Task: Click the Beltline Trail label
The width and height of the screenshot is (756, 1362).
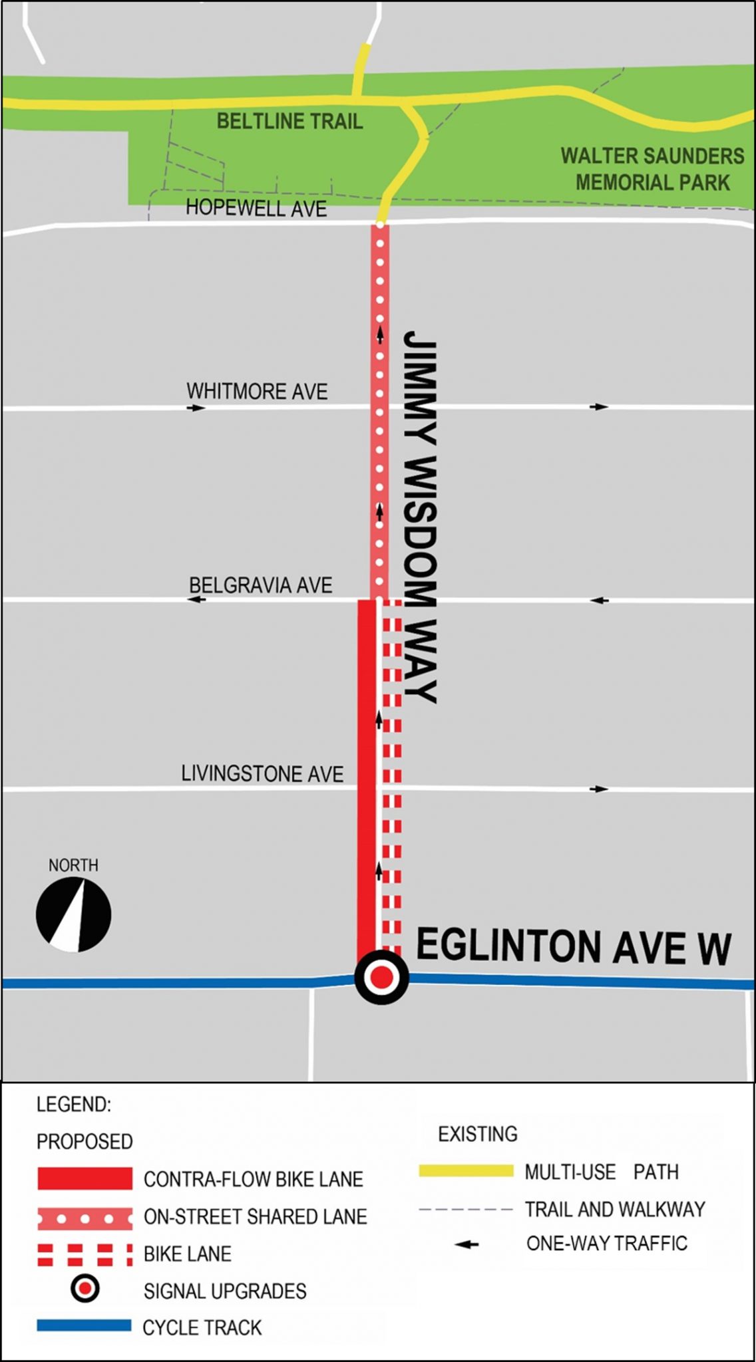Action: (x=289, y=121)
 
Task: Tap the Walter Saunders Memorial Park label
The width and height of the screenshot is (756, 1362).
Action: (x=652, y=169)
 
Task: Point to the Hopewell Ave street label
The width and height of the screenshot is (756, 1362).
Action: (x=256, y=208)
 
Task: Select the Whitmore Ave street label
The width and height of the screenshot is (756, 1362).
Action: (x=257, y=391)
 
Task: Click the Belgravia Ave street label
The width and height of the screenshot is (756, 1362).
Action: (x=260, y=585)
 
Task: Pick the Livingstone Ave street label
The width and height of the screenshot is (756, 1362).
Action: (x=262, y=773)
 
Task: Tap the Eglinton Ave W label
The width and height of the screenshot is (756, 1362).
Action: (x=573, y=947)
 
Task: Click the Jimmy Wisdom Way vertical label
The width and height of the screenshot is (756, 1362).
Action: (x=420, y=517)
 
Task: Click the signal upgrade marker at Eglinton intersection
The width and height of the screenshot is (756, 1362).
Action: (x=381, y=977)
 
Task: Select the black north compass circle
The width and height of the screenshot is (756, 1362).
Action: (x=73, y=914)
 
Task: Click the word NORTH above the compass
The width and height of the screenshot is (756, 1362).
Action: (x=73, y=865)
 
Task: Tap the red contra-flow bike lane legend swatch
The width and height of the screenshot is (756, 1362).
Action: (x=85, y=1179)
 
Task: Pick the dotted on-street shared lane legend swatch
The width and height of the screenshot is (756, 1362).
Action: (x=85, y=1219)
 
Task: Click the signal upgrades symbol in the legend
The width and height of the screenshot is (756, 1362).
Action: (x=85, y=1289)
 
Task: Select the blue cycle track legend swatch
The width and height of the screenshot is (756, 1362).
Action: (x=85, y=1325)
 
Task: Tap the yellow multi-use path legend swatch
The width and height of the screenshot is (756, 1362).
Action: (x=466, y=1171)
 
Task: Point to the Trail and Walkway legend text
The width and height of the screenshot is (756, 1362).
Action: (x=615, y=1209)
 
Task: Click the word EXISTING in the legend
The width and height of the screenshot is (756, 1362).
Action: (x=477, y=1134)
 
